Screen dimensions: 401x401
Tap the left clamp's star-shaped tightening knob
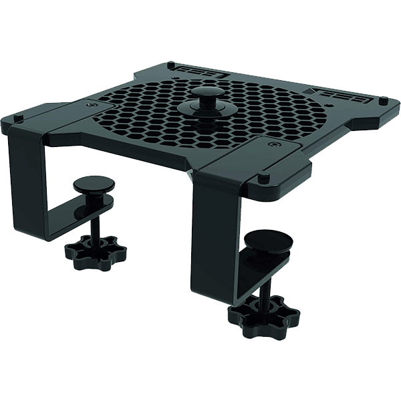click(86, 251)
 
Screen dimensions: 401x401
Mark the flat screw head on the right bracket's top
click(273, 143)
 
